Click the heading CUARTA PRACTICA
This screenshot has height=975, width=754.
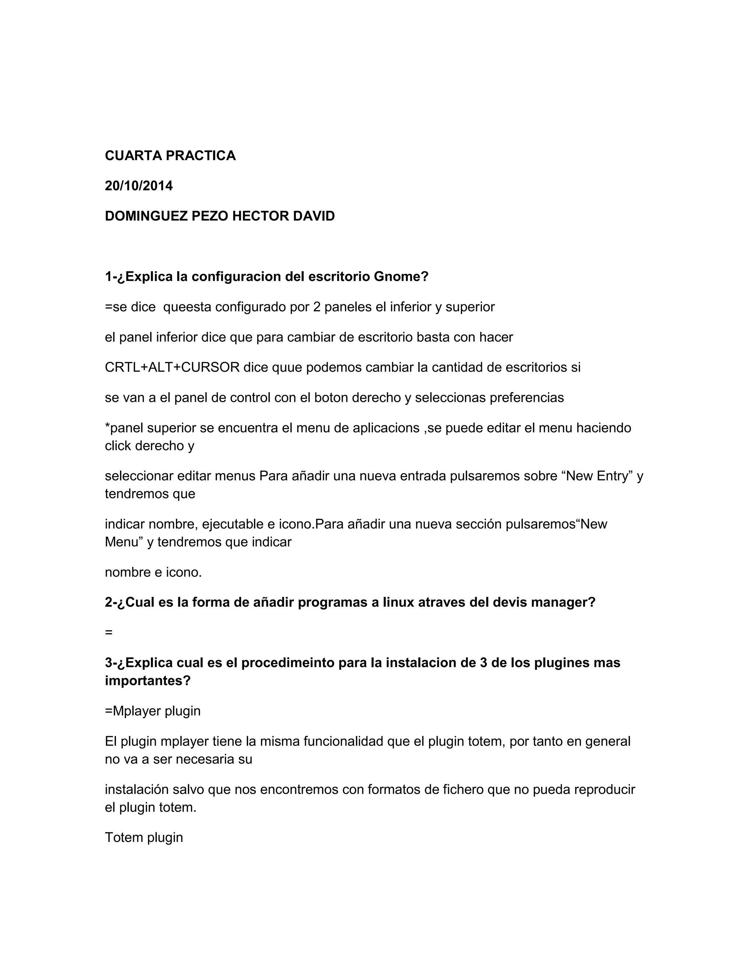click(x=170, y=155)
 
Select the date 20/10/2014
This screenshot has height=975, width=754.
click(x=138, y=186)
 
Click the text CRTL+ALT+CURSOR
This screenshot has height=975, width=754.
click(x=172, y=368)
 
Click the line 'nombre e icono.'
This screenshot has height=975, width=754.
click(x=153, y=572)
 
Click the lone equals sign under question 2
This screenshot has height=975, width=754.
click(x=109, y=632)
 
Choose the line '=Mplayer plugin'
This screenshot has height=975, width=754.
click(x=153, y=711)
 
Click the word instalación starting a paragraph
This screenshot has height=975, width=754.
click(x=136, y=790)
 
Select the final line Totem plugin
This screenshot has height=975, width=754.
click(x=144, y=837)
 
